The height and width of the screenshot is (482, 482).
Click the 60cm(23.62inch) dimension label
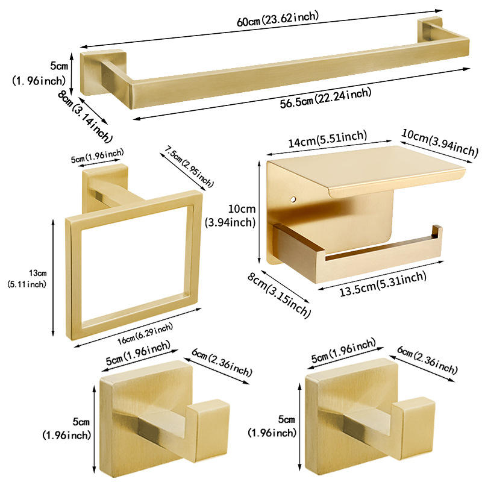[x=278, y=19]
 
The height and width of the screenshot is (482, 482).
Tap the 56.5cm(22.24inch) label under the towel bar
[x=325, y=98]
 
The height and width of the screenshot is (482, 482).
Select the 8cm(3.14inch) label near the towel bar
[x=85, y=116]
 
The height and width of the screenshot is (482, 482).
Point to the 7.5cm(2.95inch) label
[x=189, y=166]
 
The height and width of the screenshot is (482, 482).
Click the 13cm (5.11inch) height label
[x=27, y=278]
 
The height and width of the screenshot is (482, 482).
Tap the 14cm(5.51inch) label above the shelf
[x=328, y=139]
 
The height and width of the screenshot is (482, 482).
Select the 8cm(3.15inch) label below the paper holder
[x=279, y=295]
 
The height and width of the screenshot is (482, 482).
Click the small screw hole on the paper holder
[x=294, y=199]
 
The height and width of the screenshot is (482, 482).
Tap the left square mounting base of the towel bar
[x=103, y=72]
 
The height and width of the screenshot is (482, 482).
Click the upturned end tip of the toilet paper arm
[x=437, y=231]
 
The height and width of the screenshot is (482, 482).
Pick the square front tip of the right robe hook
[x=413, y=428]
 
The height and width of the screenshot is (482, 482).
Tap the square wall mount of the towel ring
[x=105, y=188]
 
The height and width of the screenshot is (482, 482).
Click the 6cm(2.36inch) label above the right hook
[x=427, y=360]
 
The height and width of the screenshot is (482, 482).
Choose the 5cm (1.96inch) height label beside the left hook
[x=67, y=428]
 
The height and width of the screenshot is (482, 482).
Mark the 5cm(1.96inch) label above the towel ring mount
[x=98, y=155]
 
